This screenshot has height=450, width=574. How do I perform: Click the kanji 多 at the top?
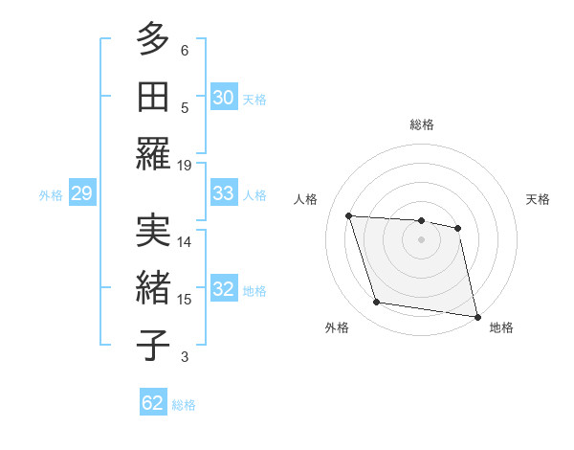point(153,39)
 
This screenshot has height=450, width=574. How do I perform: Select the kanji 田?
point(153,96)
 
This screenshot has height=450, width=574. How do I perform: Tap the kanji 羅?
point(153,154)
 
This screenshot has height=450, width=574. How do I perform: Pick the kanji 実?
point(153,230)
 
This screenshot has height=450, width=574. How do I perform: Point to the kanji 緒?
point(153,288)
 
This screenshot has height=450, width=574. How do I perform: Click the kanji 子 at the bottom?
point(153,345)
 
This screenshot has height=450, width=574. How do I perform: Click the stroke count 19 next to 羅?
point(185,165)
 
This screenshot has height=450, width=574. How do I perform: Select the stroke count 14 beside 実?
point(185,241)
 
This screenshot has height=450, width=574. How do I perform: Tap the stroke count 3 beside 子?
point(185,357)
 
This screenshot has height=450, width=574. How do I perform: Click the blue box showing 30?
point(224,98)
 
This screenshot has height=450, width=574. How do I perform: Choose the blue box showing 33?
point(224,193)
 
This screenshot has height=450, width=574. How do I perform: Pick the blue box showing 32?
point(224,290)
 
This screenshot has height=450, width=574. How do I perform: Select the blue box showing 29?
point(81,194)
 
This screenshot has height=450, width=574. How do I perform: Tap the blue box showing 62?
point(153,403)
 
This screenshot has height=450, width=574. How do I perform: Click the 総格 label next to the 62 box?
point(184,405)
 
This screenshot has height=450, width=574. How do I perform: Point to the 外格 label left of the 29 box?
point(51,195)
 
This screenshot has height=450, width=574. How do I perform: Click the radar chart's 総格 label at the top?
point(421,124)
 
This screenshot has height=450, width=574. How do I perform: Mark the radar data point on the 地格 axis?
point(476,315)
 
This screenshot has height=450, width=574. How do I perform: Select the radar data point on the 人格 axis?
point(349,215)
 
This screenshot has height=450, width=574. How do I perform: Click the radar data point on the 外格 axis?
point(377,303)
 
